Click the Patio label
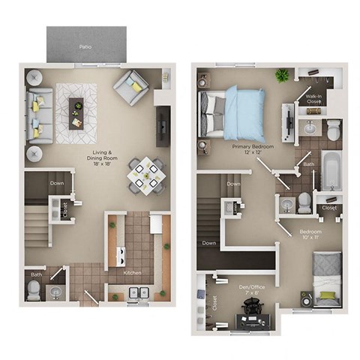[86, 46]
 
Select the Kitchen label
[133, 272]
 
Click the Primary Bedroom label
[252, 150]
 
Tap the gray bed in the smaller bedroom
[327, 277]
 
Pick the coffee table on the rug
[77, 109]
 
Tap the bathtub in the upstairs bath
[331, 170]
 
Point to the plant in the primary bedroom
[282, 75]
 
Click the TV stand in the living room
[163, 125]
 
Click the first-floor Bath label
[36, 274]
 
